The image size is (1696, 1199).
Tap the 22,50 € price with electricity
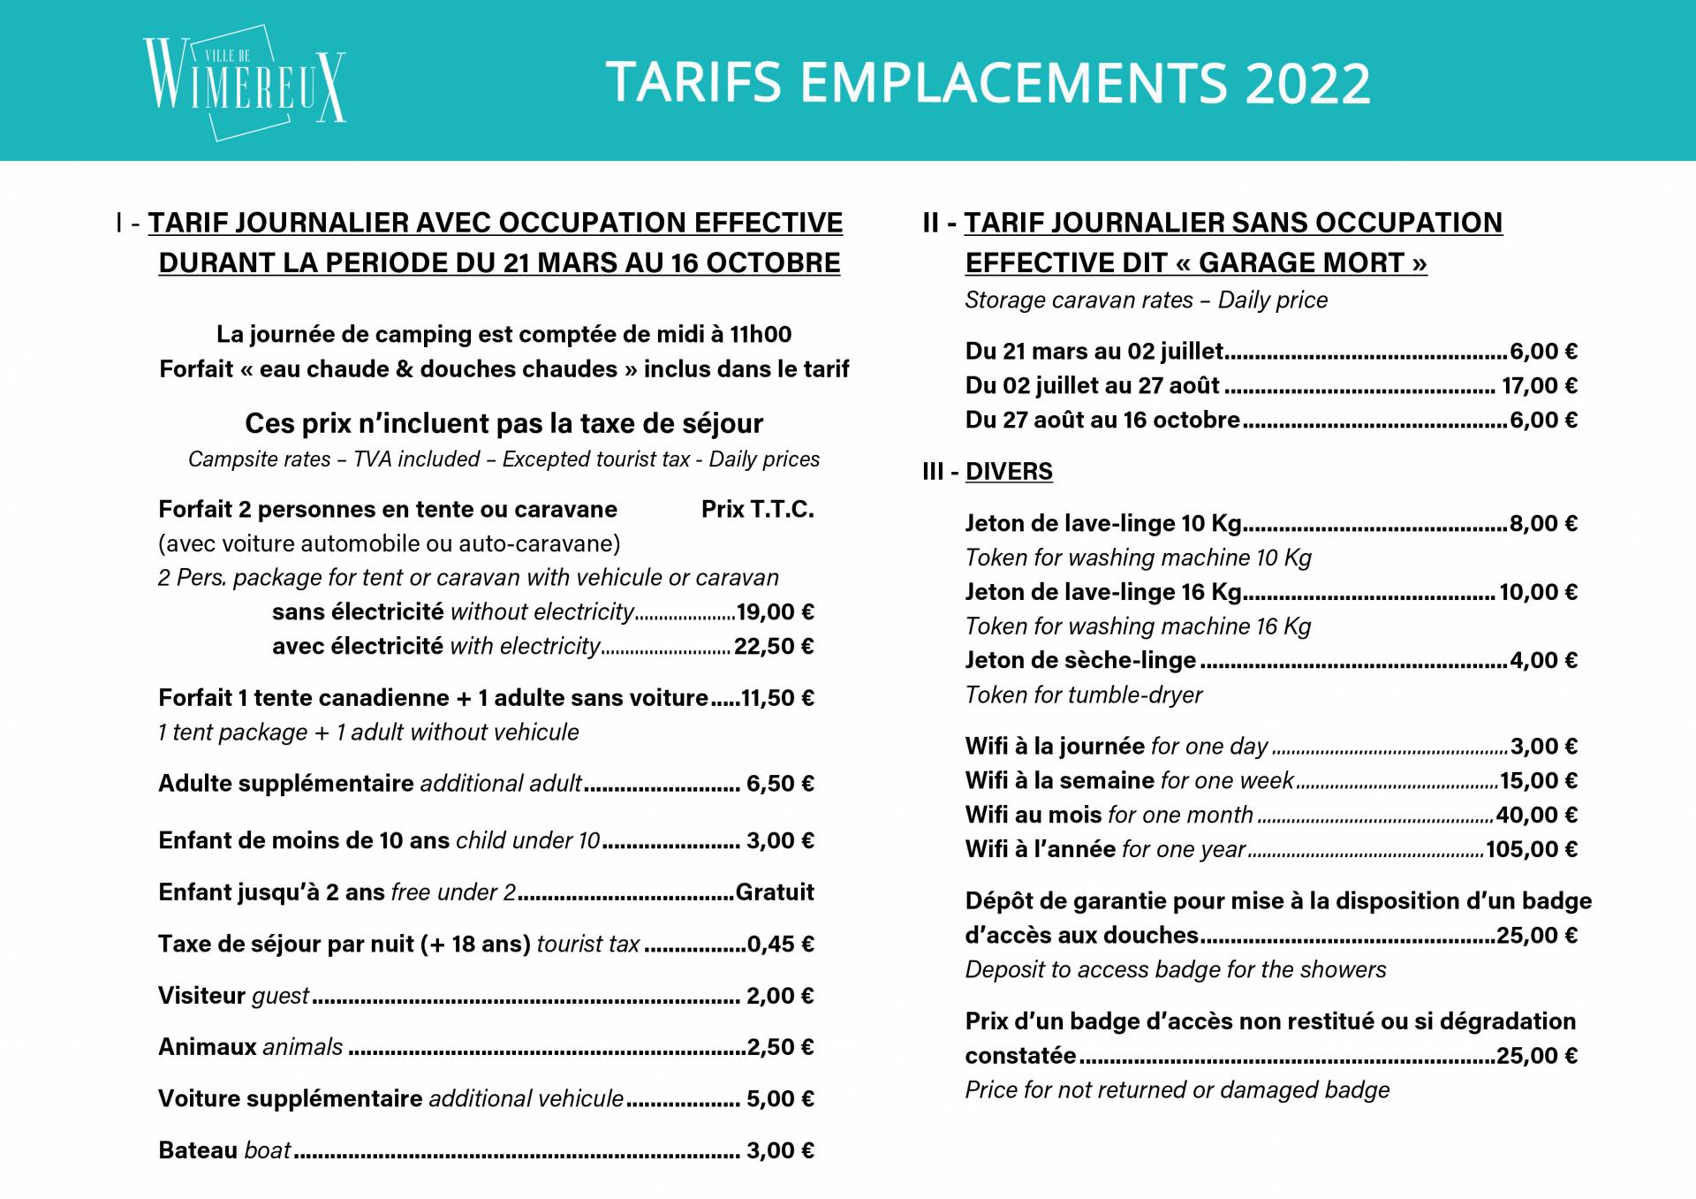click(x=774, y=647)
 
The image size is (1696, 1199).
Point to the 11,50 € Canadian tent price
click(x=777, y=698)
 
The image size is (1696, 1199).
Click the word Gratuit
click(x=775, y=892)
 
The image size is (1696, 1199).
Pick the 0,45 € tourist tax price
click(x=780, y=945)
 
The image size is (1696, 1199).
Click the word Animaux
click(x=207, y=1047)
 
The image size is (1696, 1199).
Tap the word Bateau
click(x=198, y=1150)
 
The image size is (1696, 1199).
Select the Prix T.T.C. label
click(x=757, y=510)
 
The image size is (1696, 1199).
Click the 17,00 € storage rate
click(x=1539, y=386)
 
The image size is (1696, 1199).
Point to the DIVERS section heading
click(x=1009, y=472)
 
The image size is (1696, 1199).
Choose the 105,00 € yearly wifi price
click(x=1531, y=850)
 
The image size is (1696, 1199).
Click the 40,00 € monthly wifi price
click(x=1536, y=816)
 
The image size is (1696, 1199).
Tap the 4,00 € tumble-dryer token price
click(x=1543, y=661)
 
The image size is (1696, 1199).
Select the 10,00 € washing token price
click(x=1538, y=592)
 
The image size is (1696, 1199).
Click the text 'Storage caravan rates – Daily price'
click(x=1146, y=300)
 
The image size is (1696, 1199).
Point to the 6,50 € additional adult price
click(x=780, y=784)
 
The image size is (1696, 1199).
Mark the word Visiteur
click(x=201, y=996)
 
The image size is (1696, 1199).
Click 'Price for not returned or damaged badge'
click(x=1177, y=1090)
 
